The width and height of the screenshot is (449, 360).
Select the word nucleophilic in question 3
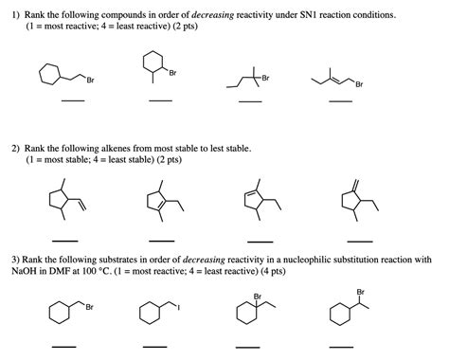click(x=317, y=258)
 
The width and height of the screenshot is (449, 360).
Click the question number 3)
click(x=17, y=258)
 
